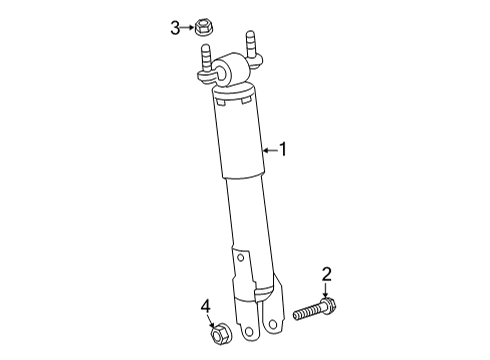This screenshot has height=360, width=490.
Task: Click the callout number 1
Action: click(x=283, y=150)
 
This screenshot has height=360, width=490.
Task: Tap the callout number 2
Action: click(x=325, y=274)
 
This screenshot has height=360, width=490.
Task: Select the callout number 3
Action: click(x=175, y=27)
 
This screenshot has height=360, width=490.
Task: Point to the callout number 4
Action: click(x=205, y=306)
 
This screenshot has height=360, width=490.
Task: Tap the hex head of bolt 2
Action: click(x=329, y=307)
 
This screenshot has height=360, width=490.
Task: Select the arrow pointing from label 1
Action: click(x=268, y=150)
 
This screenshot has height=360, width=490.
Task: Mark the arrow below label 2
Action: click(x=326, y=289)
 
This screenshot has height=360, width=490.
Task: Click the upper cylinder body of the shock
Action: click(x=240, y=140)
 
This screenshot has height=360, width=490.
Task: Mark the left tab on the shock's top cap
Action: click(x=219, y=100)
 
